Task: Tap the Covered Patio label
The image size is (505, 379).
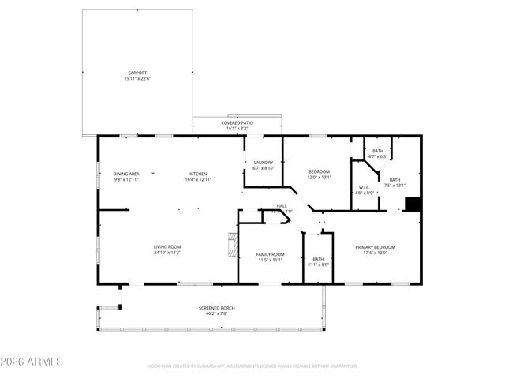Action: [x=237, y=123]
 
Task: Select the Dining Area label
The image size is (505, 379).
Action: [x=126, y=173]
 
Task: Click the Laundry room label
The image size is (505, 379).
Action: [x=263, y=162]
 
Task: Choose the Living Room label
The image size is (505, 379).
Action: [x=167, y=247]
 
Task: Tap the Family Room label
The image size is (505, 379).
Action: [x=270, y=253]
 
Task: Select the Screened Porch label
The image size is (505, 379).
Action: [x=216, y=308]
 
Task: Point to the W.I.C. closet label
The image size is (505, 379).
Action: [x=363, y=188]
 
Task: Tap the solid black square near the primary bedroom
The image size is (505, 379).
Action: [x=412, y=203]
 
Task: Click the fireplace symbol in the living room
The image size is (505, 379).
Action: [x=230, y=245]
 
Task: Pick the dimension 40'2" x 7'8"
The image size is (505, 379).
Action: [x=216, y=313]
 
